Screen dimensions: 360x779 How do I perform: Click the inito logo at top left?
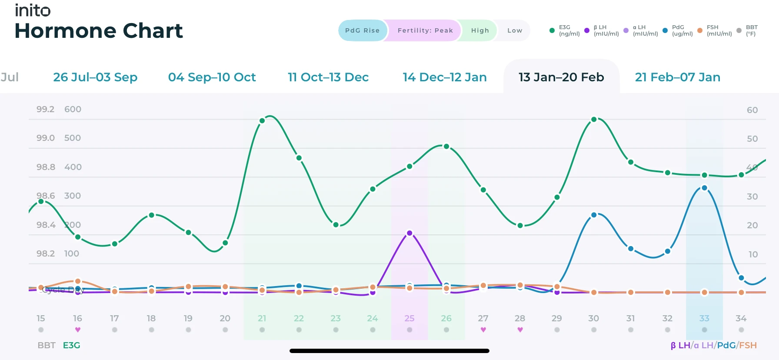33,10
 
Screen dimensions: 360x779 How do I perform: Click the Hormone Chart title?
99,31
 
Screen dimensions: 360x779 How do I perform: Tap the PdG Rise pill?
362,30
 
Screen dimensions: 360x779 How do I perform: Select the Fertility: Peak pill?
425,30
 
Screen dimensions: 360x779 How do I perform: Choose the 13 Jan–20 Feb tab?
561,77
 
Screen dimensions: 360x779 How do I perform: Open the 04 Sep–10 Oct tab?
212,77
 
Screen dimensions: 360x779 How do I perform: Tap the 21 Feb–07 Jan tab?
677,77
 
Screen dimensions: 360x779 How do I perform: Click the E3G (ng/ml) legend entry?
565,30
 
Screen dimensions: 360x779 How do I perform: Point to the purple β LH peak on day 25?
409,233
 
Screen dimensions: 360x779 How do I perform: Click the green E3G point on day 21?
262,121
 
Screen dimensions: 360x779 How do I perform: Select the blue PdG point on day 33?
704,188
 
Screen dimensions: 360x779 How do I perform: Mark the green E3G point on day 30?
594,119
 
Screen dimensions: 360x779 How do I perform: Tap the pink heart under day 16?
77,330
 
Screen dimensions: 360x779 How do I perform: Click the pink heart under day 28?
520,330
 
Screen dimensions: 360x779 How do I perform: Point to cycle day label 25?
409,318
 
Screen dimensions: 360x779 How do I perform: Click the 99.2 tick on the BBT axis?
45,109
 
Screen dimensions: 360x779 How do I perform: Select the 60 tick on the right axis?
752,110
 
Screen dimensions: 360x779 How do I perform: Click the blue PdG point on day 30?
594,215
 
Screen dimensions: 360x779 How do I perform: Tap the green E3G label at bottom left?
71,345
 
